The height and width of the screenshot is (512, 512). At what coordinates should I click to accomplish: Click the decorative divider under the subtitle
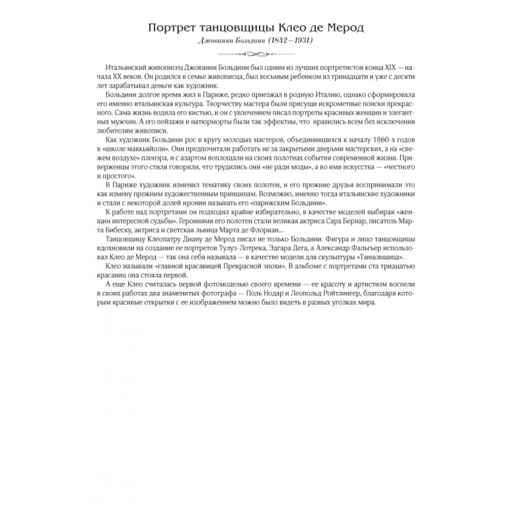tap(256, 54)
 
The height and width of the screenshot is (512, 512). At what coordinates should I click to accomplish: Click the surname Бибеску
tap(112, 230)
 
